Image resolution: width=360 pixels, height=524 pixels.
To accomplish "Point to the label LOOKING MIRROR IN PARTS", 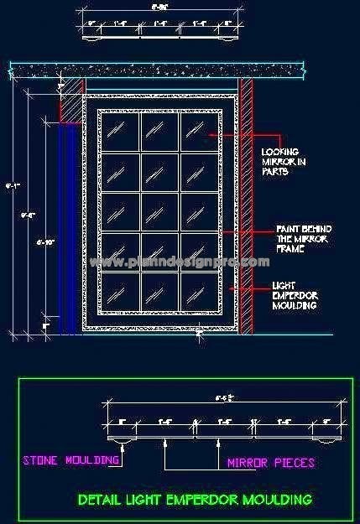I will [x=279, y=161].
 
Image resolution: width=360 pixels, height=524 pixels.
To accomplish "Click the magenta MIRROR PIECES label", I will [x=271, y=462].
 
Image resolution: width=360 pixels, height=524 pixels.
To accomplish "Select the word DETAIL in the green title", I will [x=99, y=500].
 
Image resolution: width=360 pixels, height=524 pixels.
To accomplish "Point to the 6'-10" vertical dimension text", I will [x=47, y=242].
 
